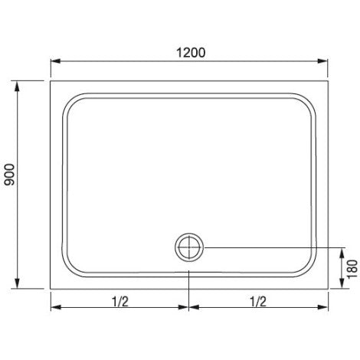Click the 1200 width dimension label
pyautogui.click(x=191, y=53)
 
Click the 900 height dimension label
pyautogui.click(x=11, y=175)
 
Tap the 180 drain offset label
pyautogui.click(x=352, y=269)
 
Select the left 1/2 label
pyautogui.click(x=120, y=302)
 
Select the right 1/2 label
pyautogui.click(x=258, y=302)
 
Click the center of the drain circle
pyautogui.click(x=189, y=247)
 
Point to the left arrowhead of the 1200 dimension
pyautogui.click(x=55, y=61)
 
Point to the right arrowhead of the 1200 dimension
pyautogui.click(x=322, y=61)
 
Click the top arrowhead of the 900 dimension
pyautogui.click(x=17, y=86)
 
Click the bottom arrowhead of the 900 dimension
pyautogui.click(x=17, y=283)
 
